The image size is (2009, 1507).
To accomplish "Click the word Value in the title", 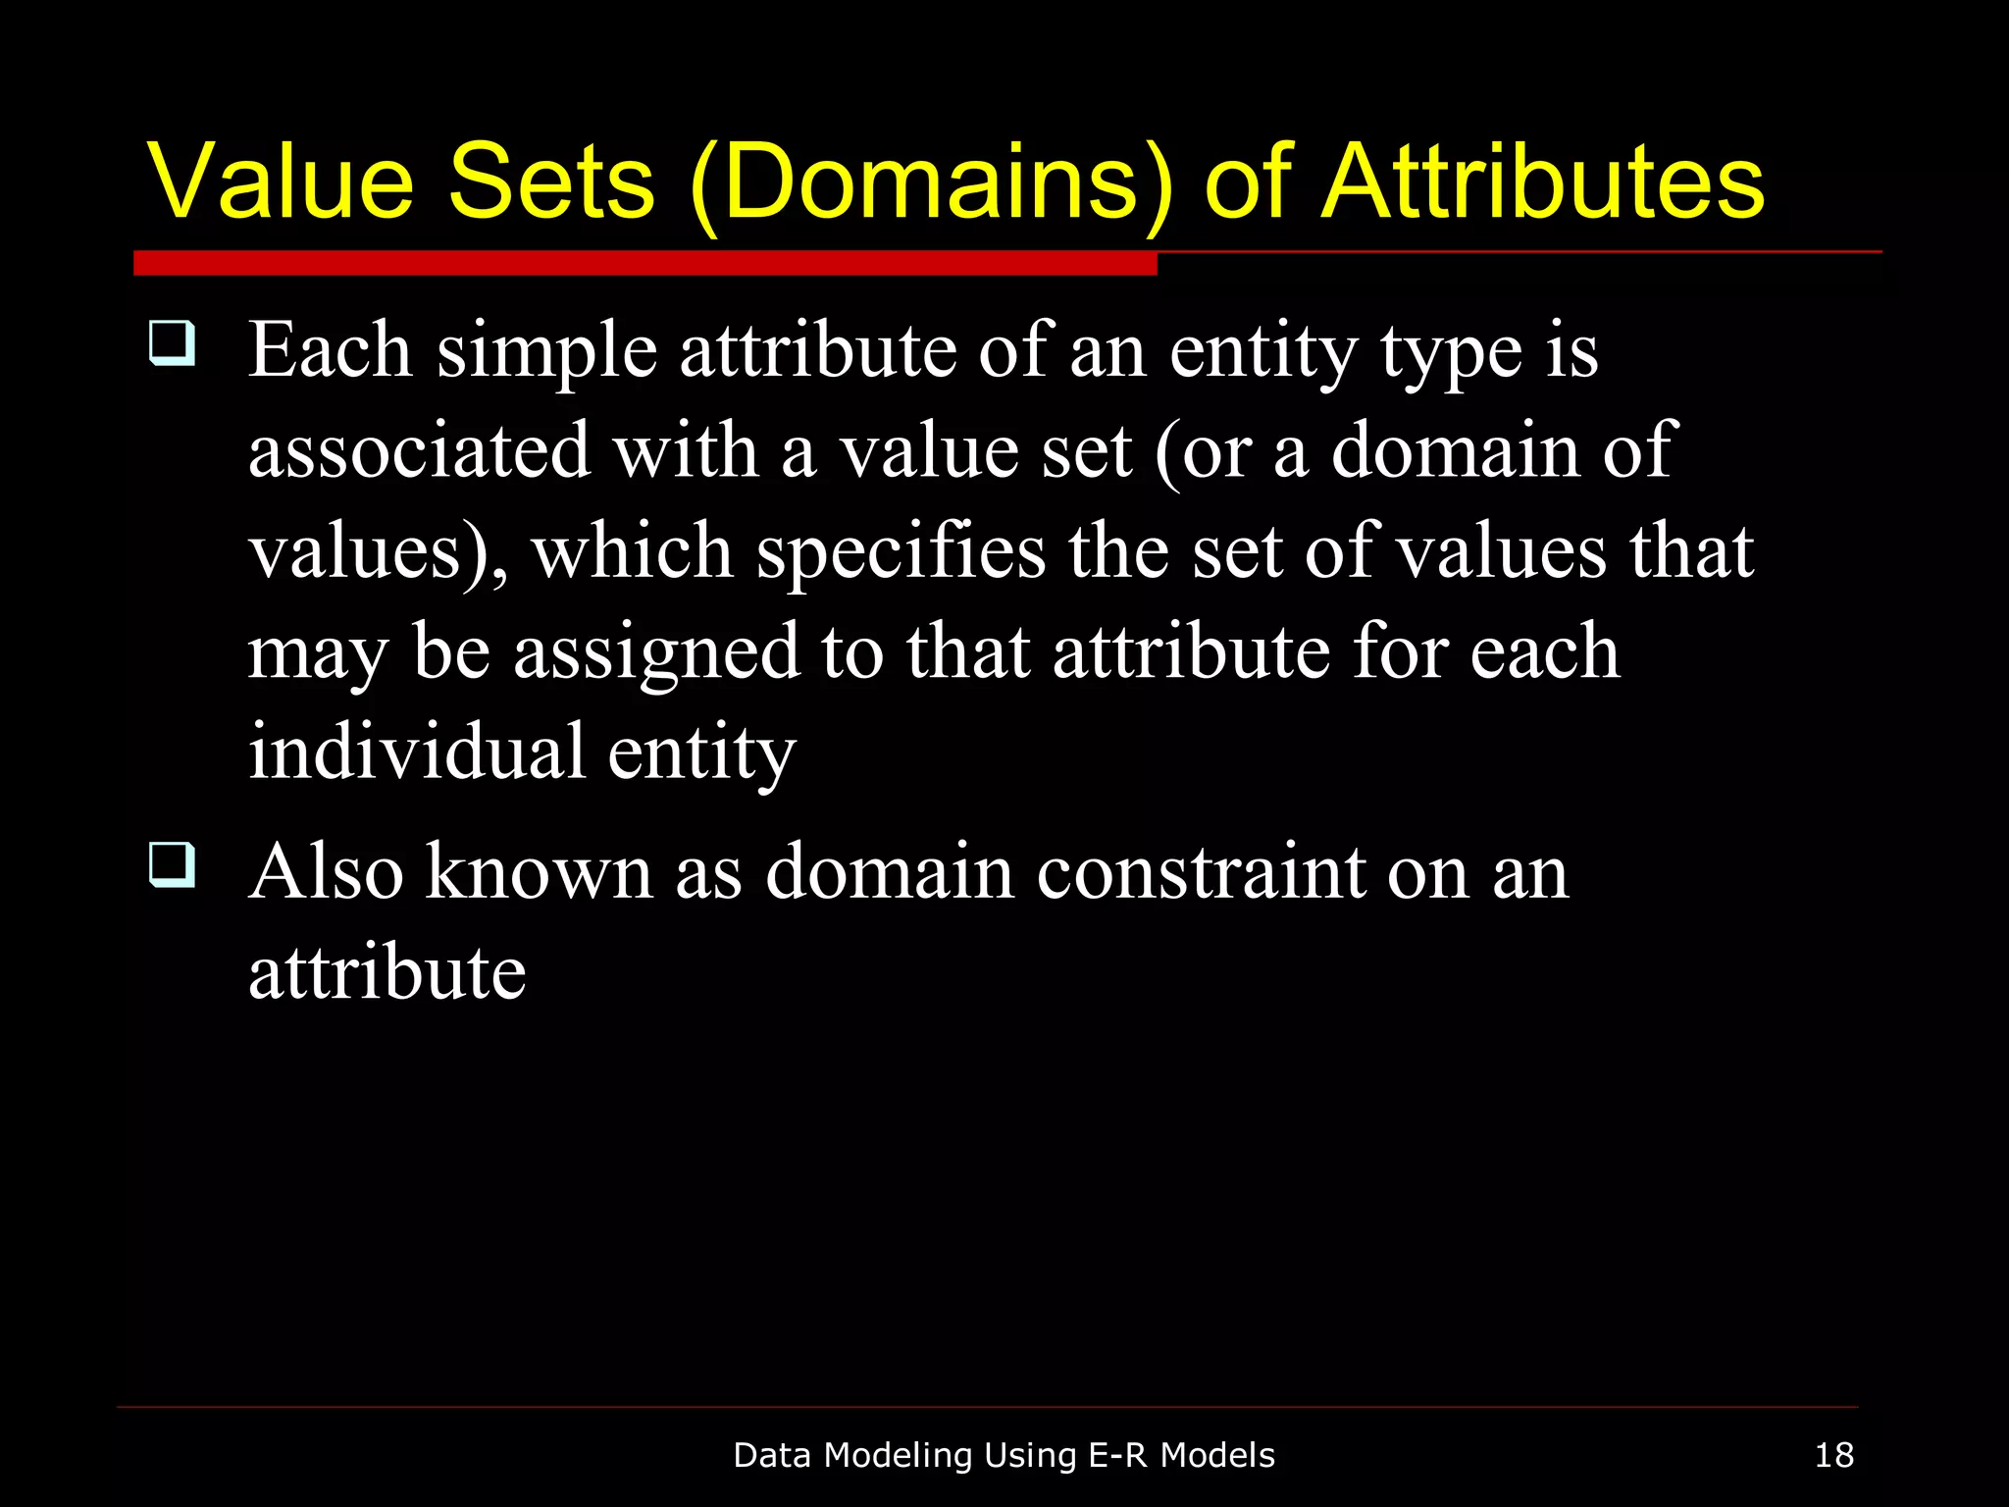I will [281, 182].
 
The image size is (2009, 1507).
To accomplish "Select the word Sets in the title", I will [551, 182].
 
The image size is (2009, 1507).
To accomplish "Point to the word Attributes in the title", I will [1542, 182].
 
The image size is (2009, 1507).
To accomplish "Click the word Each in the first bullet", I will [330, 350].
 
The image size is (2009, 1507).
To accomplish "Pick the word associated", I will [419, 451].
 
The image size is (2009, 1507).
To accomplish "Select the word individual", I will [416, 752].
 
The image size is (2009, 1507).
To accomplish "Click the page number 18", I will [1833, 1455].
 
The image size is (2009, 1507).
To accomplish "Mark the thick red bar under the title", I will [644, 263].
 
